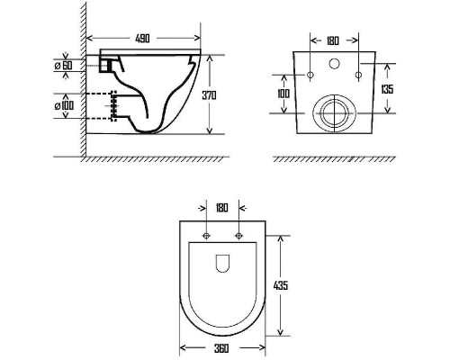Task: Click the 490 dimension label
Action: point(142,40)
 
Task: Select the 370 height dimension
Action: point(210,94)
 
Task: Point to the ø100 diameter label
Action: point(64,105)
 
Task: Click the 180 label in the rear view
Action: point(333,40)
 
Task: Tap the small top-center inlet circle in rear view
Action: point(333,65)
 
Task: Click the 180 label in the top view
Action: point(222,206)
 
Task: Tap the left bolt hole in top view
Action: point(207,237)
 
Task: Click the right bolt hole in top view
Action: point(238,237)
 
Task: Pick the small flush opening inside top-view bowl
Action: point(222,263)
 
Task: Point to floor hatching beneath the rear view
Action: point(333,158)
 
